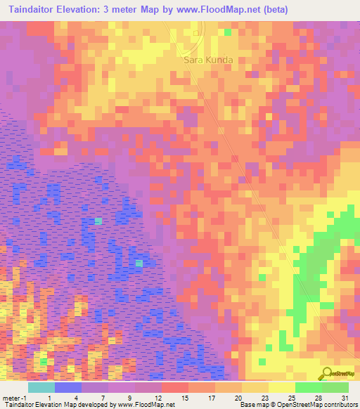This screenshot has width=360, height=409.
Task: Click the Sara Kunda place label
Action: [208, 60]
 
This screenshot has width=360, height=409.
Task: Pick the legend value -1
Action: [23, 398]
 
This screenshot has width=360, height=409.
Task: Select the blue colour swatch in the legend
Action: [68, 387]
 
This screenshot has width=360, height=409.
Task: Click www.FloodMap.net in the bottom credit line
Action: [146, 405]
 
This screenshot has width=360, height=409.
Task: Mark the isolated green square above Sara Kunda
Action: [228, 32]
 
